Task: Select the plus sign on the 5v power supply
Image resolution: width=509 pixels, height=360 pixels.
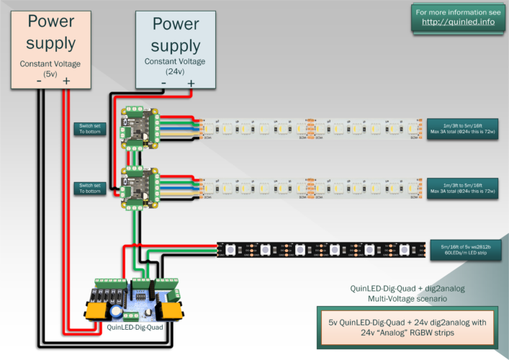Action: (x=66, y=83)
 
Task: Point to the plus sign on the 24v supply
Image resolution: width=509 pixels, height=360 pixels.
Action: (x=191, y=84)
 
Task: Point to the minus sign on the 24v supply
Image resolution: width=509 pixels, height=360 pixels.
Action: (x=163, y=84)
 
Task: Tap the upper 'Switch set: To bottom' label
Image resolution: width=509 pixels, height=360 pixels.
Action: (x=90, y=128)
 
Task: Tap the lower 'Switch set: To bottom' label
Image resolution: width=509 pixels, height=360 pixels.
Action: (x=90, y=188)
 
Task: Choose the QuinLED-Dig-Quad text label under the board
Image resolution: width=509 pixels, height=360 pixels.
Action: (x=135, y=326)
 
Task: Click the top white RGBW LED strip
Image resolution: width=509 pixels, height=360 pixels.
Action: (x=310, y=127)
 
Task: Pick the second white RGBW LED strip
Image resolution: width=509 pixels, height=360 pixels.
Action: (x=310, y=188)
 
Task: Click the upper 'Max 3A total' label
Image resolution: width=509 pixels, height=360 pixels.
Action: (x=460, y=127)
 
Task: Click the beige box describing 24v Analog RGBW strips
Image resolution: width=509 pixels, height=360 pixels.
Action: (x=408, y=326)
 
